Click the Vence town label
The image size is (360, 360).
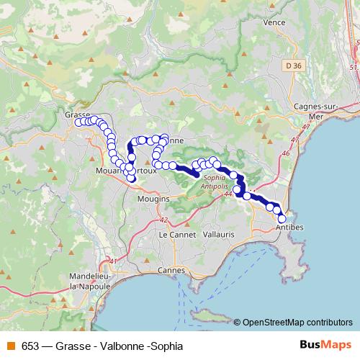pos(274,22)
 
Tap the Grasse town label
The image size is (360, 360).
pos(76,114)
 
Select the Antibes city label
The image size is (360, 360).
pos(289,228)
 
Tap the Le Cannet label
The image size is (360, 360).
pos(174,235)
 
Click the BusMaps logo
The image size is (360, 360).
pos(322,346)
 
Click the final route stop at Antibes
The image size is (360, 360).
pos(282,219)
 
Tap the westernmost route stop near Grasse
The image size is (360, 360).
pos(78,122)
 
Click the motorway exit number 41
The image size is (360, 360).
pos(112,261)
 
